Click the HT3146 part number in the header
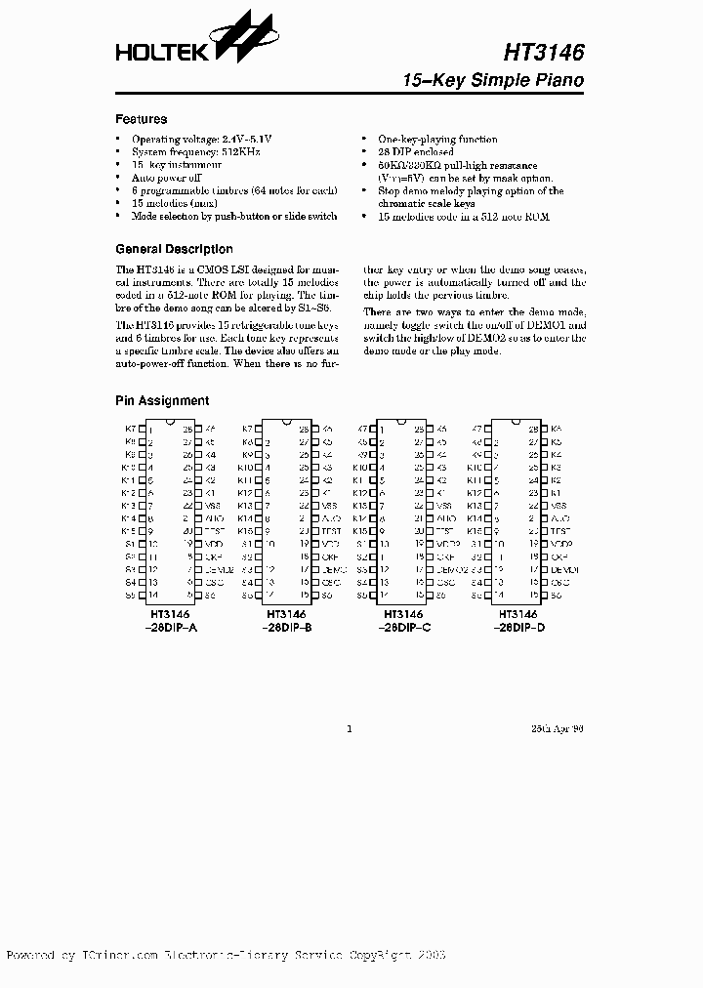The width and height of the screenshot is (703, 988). point(545,51)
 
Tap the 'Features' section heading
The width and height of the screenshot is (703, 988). point(142,119)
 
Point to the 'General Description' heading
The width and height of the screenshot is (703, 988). point(174,249)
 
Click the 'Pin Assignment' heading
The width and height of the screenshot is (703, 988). point(162,400)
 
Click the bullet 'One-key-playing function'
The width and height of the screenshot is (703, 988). point(437,140)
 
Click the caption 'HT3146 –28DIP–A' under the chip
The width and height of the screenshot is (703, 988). point(171,621)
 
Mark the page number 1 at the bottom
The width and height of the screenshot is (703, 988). point(350,728)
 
